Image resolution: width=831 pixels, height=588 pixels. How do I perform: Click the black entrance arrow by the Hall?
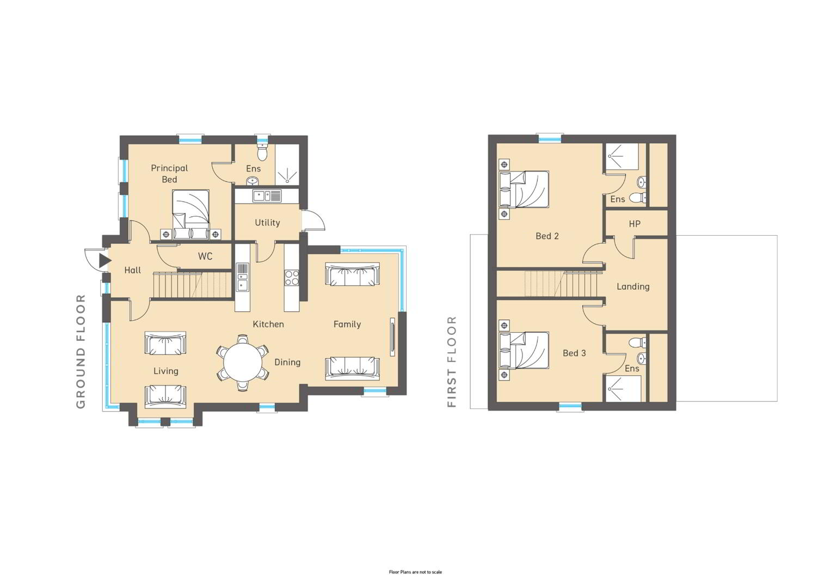coord(105,260)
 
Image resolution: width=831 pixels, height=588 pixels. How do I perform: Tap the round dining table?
coord(242,362)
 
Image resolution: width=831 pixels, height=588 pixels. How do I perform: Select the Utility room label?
coord(267,223)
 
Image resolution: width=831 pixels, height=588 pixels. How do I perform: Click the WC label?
coord(205,256)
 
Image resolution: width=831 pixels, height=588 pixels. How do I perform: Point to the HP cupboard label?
coord(635,224)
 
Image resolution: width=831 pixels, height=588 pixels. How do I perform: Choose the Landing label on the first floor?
coord(633,286)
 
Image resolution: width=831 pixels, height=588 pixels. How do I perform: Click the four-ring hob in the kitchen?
coord(292,278)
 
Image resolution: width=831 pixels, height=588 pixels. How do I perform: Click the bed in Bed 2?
coord(524,189)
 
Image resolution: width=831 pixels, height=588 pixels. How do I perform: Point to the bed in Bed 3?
coord(524,350)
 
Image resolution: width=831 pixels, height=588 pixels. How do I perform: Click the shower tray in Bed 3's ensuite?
coord(623,389)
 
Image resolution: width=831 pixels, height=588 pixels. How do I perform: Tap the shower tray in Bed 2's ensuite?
coord(622,157)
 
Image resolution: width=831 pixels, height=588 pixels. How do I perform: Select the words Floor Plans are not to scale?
coord(416,572)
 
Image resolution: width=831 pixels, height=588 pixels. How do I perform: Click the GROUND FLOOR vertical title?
coord(81,351)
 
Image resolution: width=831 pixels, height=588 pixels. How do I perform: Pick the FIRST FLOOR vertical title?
coord(452,362)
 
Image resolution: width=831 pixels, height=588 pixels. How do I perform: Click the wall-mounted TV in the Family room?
coord(392,337)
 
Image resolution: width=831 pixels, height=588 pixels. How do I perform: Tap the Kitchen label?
coord(268,324)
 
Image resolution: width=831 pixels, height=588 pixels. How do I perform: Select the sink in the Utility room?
coord(267,195)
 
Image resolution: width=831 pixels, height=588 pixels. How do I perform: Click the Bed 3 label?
coord(574,353)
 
